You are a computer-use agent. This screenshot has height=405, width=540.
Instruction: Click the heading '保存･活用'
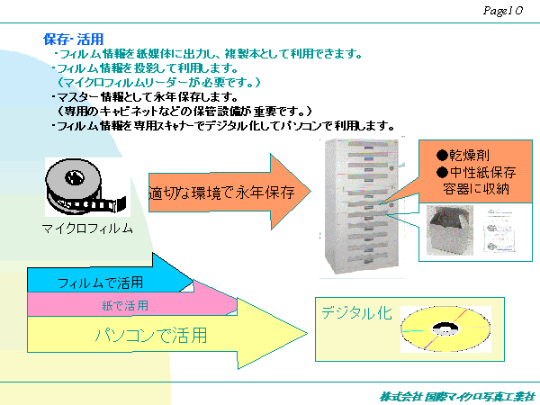73,39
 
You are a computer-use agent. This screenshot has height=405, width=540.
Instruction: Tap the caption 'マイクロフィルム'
87,228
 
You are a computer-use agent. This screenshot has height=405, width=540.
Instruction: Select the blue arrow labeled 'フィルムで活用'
100,283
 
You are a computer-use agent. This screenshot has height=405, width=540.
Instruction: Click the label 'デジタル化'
356,312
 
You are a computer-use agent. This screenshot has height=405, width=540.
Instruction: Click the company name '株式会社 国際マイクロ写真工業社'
456,395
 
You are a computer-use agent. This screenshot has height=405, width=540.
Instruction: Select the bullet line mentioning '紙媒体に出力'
207,53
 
